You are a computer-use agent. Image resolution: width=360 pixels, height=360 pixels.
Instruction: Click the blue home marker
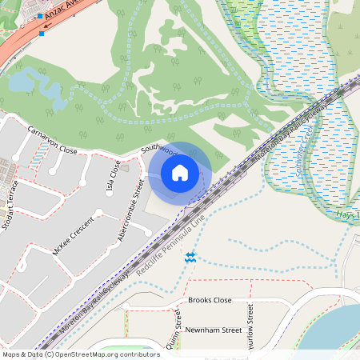pyautogui.click(x=180, y=173)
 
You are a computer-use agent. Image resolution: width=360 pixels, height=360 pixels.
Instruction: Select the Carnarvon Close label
pyautogui.click(x=52, y=140)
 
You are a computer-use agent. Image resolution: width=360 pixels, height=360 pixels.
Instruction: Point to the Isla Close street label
pyautogui.click(x=113, y=177)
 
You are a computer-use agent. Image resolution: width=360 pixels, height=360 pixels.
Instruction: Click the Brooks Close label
pyautogui.click(x=210, y=300)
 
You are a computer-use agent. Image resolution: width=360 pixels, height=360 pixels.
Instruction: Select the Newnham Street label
pyautogui.click(x=213, y=330)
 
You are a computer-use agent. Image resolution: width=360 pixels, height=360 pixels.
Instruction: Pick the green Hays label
pyautogui.click(x=346, y=215)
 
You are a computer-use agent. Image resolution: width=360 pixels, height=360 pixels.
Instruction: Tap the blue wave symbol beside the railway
pyautogui.click(x=190, y=257)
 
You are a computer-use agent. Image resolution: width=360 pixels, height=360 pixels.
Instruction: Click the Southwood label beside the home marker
pyautogui.click(x=158, y=149)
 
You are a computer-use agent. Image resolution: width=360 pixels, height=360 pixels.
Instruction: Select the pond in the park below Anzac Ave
pyautogui.click(x=36, y=85)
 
